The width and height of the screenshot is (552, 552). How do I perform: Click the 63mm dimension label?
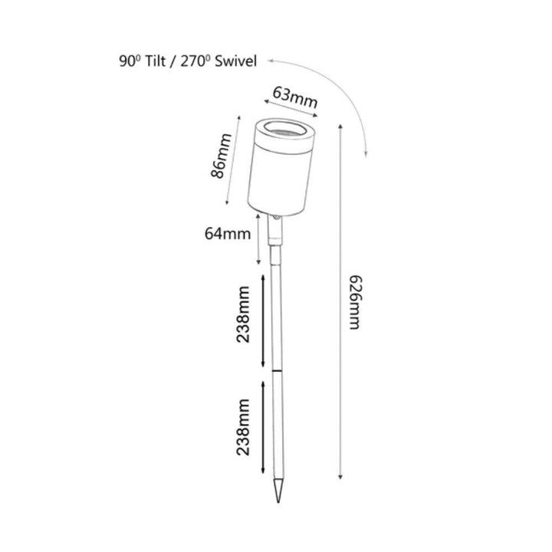click(x=295, y=97)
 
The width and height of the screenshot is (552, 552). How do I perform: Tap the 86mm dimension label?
click(x=221, y=156)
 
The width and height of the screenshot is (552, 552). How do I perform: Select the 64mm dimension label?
click(x=228, y=234)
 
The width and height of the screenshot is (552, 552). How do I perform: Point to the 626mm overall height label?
click(x=355, y=302)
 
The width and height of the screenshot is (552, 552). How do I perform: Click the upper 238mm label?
click(x=243, y=314)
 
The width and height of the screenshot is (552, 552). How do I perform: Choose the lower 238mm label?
click(x=243, y=427)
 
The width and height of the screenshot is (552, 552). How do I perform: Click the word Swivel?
click(x=235, y=61)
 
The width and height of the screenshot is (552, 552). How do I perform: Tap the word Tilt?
click(x=155, y=61)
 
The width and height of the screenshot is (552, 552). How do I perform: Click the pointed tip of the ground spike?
click(x=278, y=502)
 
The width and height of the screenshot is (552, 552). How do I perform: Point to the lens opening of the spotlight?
click(x=285, y=129)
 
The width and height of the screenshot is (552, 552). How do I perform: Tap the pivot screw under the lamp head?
click(x=276, y=219)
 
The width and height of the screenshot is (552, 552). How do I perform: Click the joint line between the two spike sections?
click(x=278, y=371)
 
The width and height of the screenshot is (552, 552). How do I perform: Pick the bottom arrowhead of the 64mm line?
click(x=258, y=263)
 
